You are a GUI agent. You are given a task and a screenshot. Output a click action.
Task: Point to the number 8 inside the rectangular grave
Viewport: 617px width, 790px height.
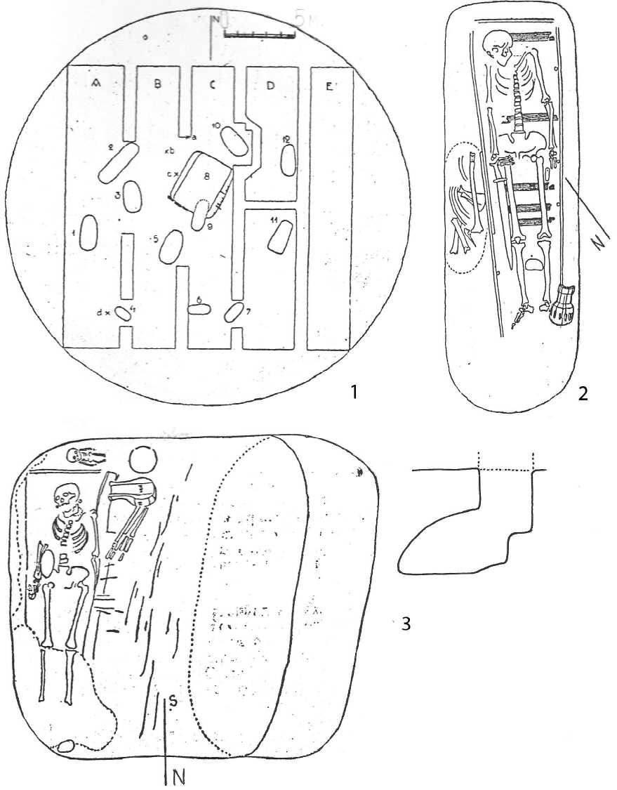(206, 178)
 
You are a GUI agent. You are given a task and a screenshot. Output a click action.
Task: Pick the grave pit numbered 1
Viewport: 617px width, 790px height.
(88, 232)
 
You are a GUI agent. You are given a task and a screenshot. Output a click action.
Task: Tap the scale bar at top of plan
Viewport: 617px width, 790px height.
(260, 33)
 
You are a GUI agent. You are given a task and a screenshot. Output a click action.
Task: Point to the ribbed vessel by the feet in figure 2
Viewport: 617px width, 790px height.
(562, 305)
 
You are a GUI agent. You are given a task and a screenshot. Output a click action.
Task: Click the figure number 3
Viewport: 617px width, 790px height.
(405, 622)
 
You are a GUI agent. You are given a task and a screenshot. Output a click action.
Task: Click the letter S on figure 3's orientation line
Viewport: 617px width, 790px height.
(171, 698)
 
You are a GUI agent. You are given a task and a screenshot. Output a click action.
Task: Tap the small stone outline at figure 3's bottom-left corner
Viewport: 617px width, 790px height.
(67, 747)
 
